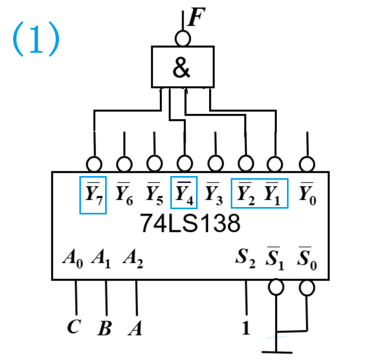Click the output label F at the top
point(194,18)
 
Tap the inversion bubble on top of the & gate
point(182,38)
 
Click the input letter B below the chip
point(105,329)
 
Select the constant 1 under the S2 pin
point(245,329)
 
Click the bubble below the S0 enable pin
point(306,287)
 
